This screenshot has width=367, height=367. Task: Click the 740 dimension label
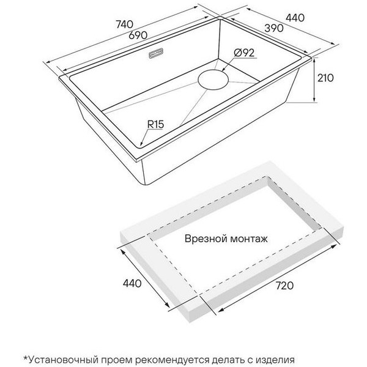[125, 24]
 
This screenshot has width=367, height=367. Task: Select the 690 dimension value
[138, 35]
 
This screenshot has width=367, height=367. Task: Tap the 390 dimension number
[274, 28]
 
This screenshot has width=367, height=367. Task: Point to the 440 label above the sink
[295, 18]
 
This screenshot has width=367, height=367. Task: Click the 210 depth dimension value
[325, 78]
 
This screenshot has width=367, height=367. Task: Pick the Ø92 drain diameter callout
[244, 53]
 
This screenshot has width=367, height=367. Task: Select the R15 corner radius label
[155, 124]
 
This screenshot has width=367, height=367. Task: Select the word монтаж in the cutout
[249, 239]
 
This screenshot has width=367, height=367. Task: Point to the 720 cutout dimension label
[284, 286]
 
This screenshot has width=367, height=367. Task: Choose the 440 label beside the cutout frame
[132, 283]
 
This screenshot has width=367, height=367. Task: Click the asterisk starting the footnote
[26, 358]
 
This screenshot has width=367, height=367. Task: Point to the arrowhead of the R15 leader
[142, 143]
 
